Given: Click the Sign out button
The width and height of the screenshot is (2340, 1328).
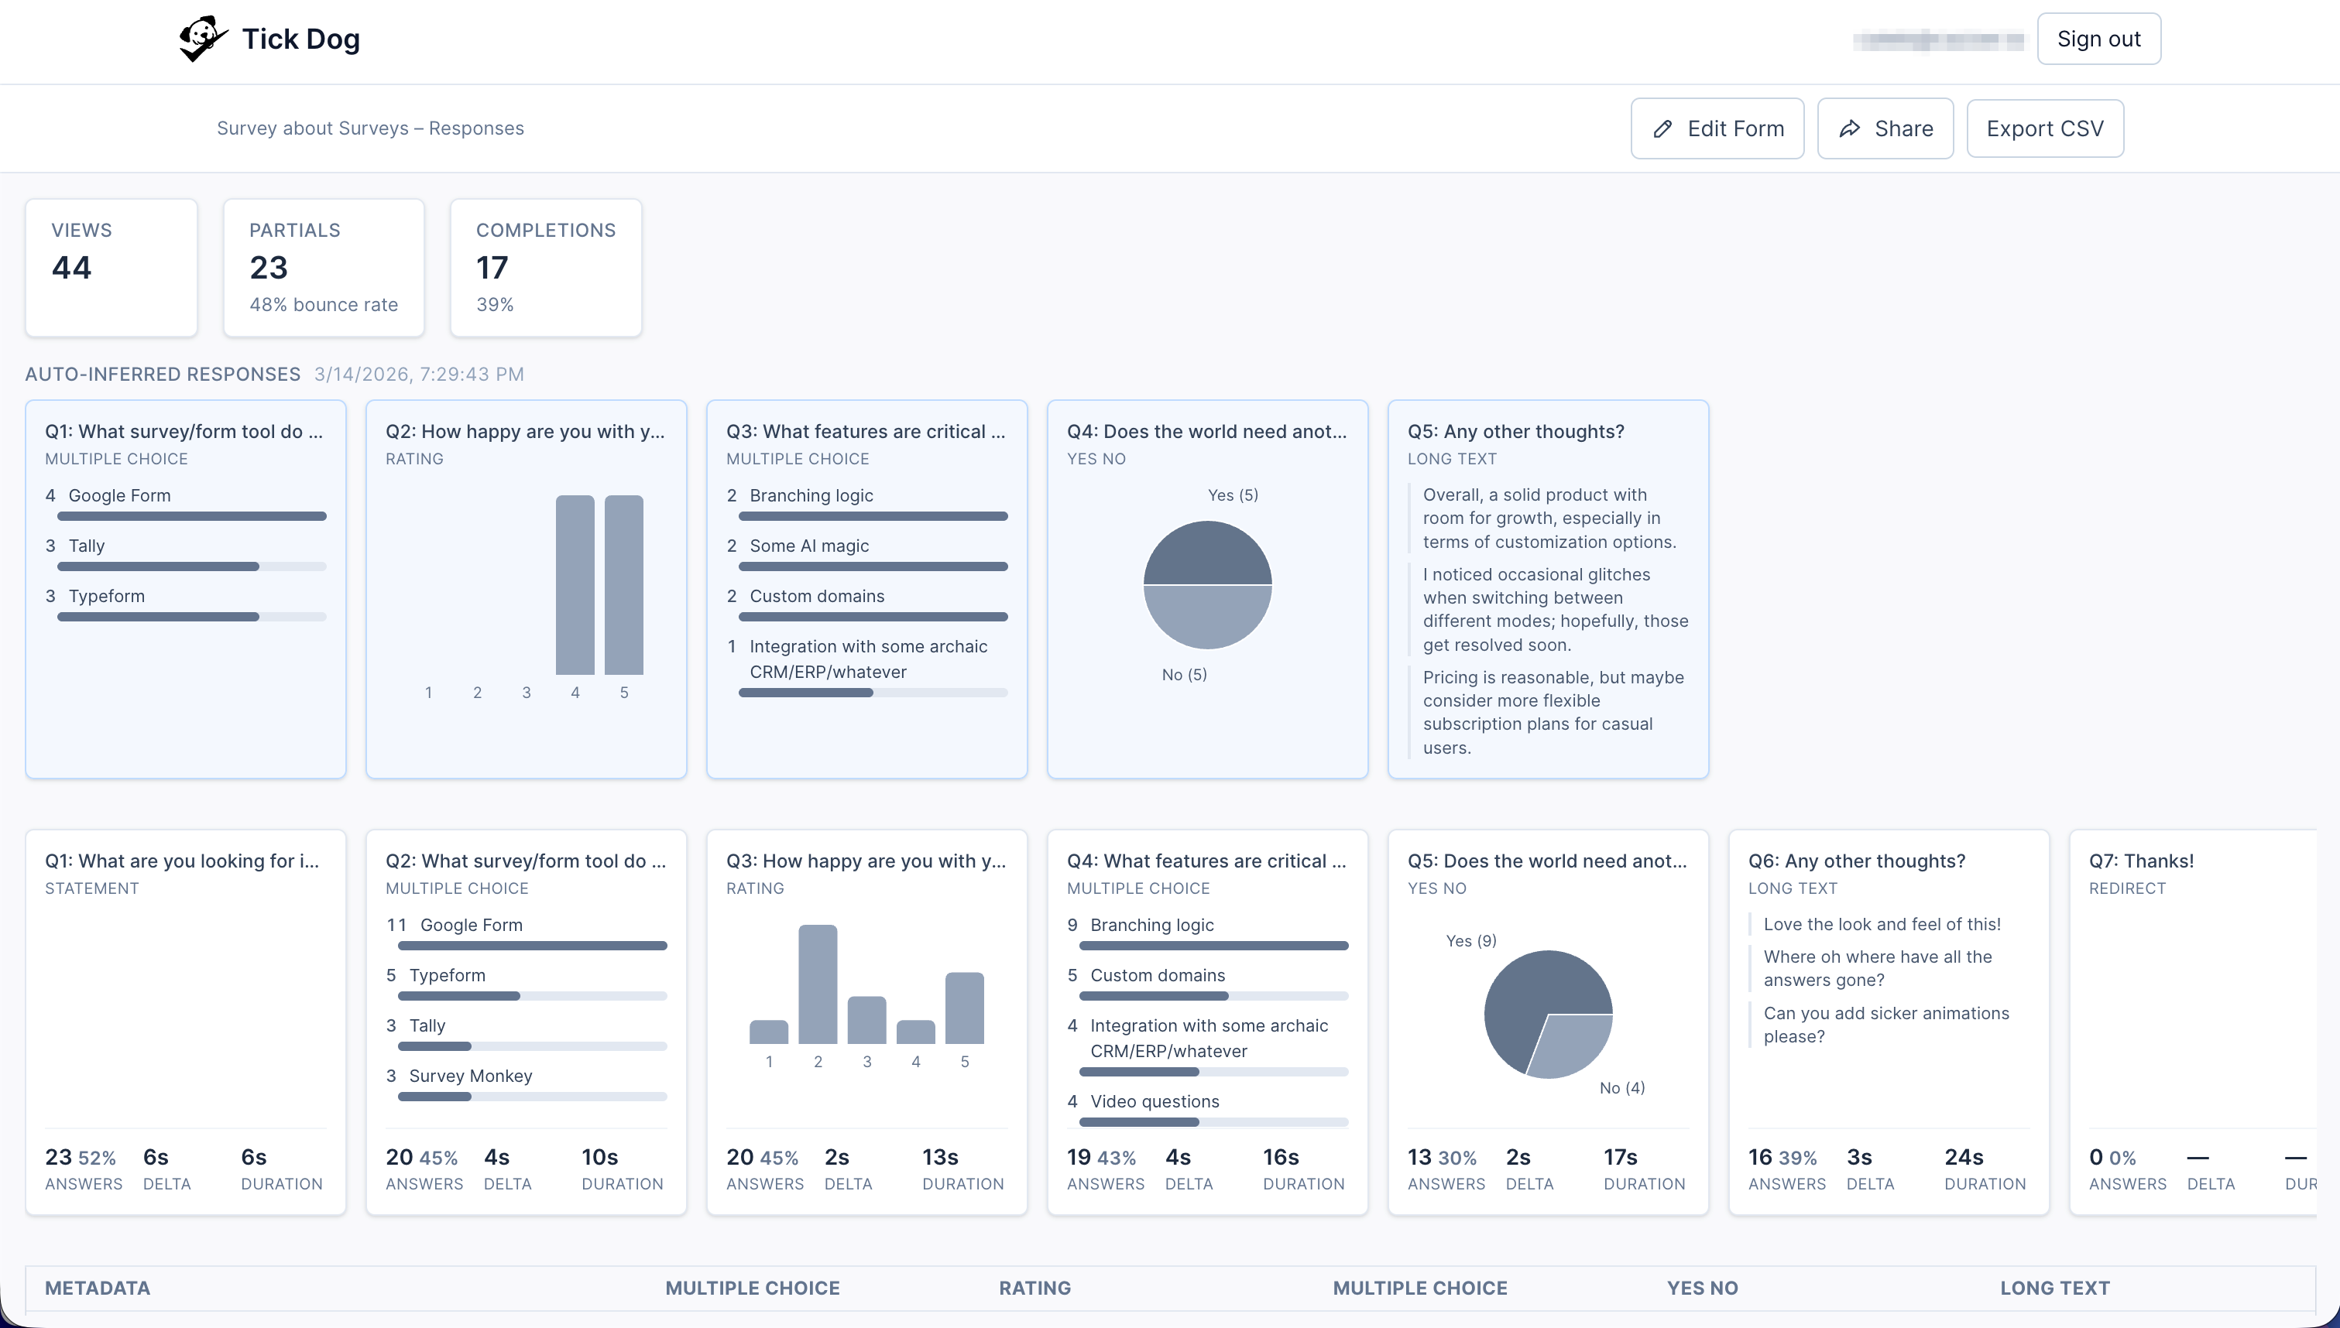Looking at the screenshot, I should [x=2098, y=39].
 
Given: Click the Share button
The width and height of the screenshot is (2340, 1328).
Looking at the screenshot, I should [x=1885, y=128].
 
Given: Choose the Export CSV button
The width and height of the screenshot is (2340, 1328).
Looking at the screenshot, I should [x=2044, y=128].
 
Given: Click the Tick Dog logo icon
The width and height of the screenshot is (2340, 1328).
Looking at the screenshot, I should [x=201, y=39].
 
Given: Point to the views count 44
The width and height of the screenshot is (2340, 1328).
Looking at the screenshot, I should [x=71, y=267].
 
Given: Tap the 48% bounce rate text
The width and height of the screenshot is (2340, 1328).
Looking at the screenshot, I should [x=323, y=305].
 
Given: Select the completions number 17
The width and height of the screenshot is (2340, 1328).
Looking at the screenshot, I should [x=492, y=267].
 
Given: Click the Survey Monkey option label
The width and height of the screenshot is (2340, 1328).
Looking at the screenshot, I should [x=470, y=1076].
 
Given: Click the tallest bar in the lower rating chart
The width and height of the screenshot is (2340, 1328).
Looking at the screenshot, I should [x=818, y=985].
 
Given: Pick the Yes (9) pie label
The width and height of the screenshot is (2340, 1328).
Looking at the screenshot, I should [x=1470, y=940].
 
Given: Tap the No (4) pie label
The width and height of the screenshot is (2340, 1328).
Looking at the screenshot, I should [x=1622, y=1087].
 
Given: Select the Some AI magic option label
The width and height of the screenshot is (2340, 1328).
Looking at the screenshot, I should [x=808, y=546].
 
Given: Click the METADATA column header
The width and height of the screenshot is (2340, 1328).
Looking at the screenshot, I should [x=98, y=1288].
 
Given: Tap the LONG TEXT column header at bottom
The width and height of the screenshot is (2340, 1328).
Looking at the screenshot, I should [x=2054, y=1288].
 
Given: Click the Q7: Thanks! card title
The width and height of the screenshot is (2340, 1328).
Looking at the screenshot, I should [x=2140, y=861].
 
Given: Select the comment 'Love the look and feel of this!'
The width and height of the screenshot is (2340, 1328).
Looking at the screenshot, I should [x=1881, y=924].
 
